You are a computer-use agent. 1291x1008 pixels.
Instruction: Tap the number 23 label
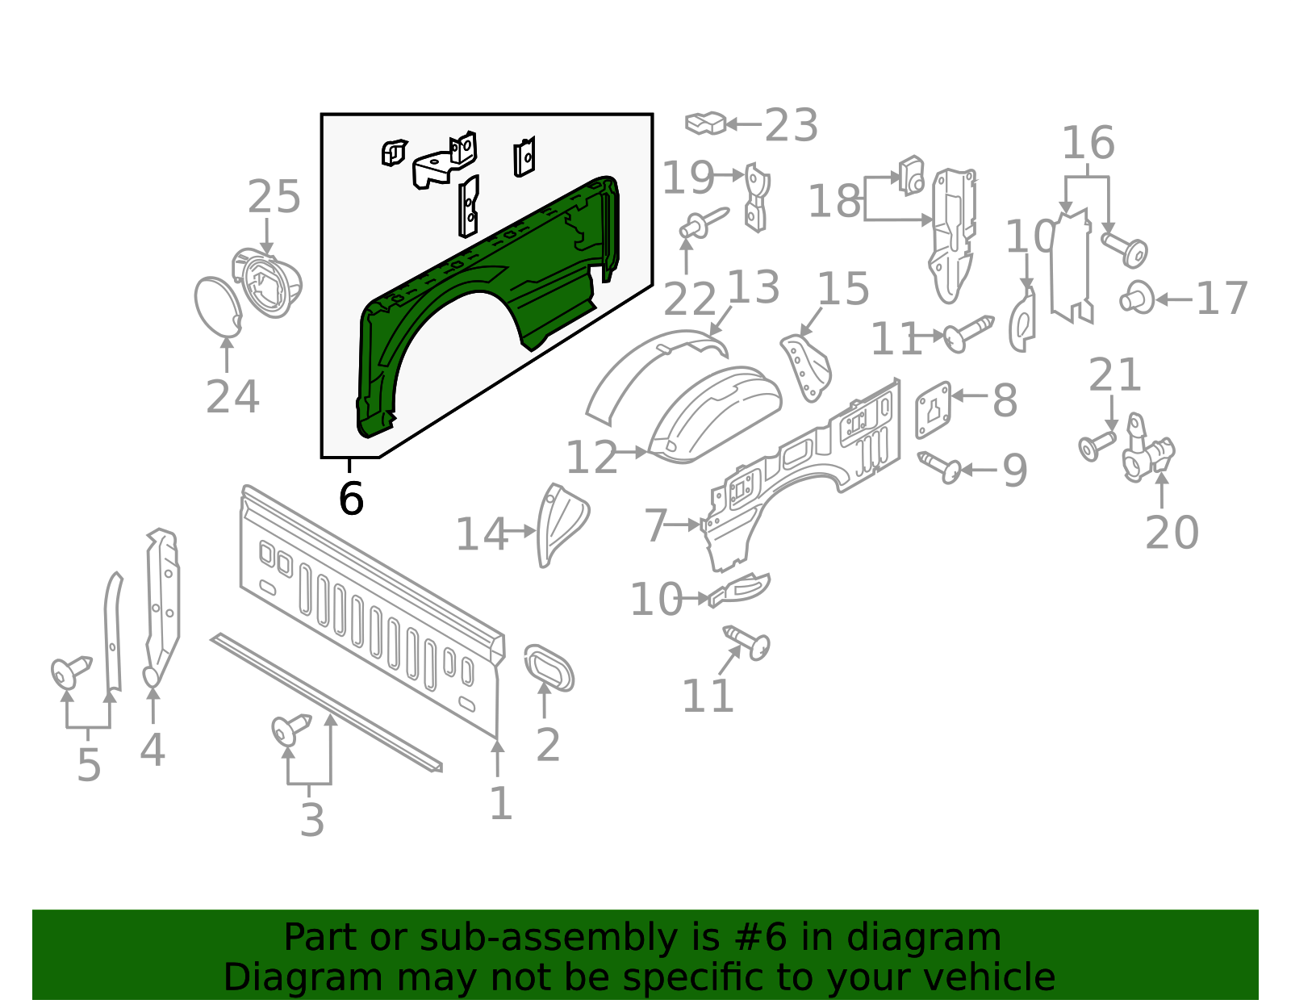(x=791, y=126)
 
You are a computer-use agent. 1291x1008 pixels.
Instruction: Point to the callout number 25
(x=274, y=198)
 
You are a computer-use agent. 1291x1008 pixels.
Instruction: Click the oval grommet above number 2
(x=549, y=667)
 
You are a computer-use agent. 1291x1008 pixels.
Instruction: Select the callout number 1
(x=500, y=804)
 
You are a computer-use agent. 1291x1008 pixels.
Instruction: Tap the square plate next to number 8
(x=933, y=410)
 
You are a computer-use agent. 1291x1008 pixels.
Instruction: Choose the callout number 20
(x=1172, y=533)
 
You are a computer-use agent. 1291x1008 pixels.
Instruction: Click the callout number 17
(x=1222, y=299)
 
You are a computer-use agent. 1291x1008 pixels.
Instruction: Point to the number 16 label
(x=1088, y=144)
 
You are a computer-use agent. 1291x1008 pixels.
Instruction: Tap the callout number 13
(x=754, y=287)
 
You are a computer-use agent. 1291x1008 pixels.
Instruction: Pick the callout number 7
(x=655, y=526)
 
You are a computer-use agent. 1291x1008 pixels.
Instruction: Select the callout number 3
(x=311, y=821)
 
